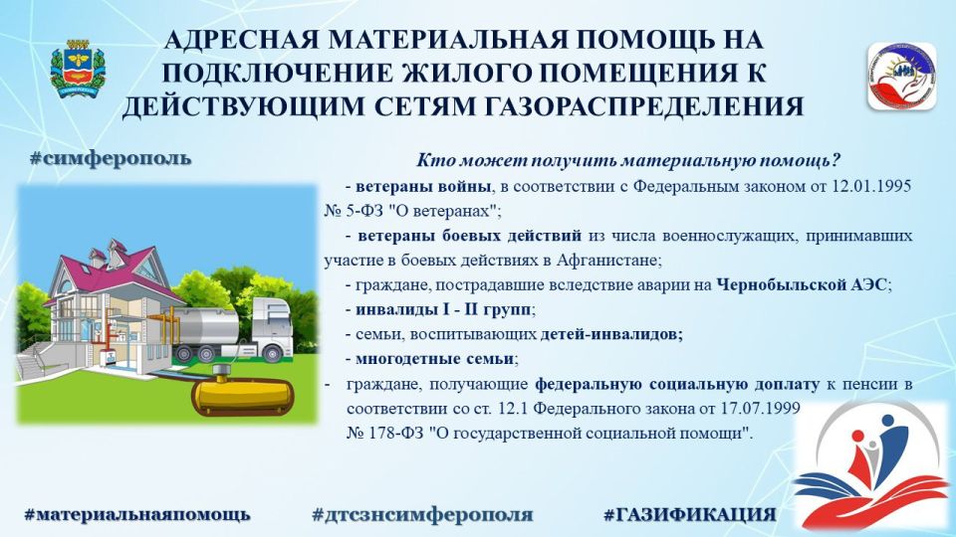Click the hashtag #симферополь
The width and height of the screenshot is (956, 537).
click(111, 159)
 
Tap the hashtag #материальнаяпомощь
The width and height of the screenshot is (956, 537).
click(136, 514)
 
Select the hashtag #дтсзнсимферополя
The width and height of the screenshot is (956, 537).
click(422, 514)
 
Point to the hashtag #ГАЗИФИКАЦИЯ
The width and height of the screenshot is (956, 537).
click(689, 514)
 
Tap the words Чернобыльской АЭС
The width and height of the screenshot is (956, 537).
click(805, 284)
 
